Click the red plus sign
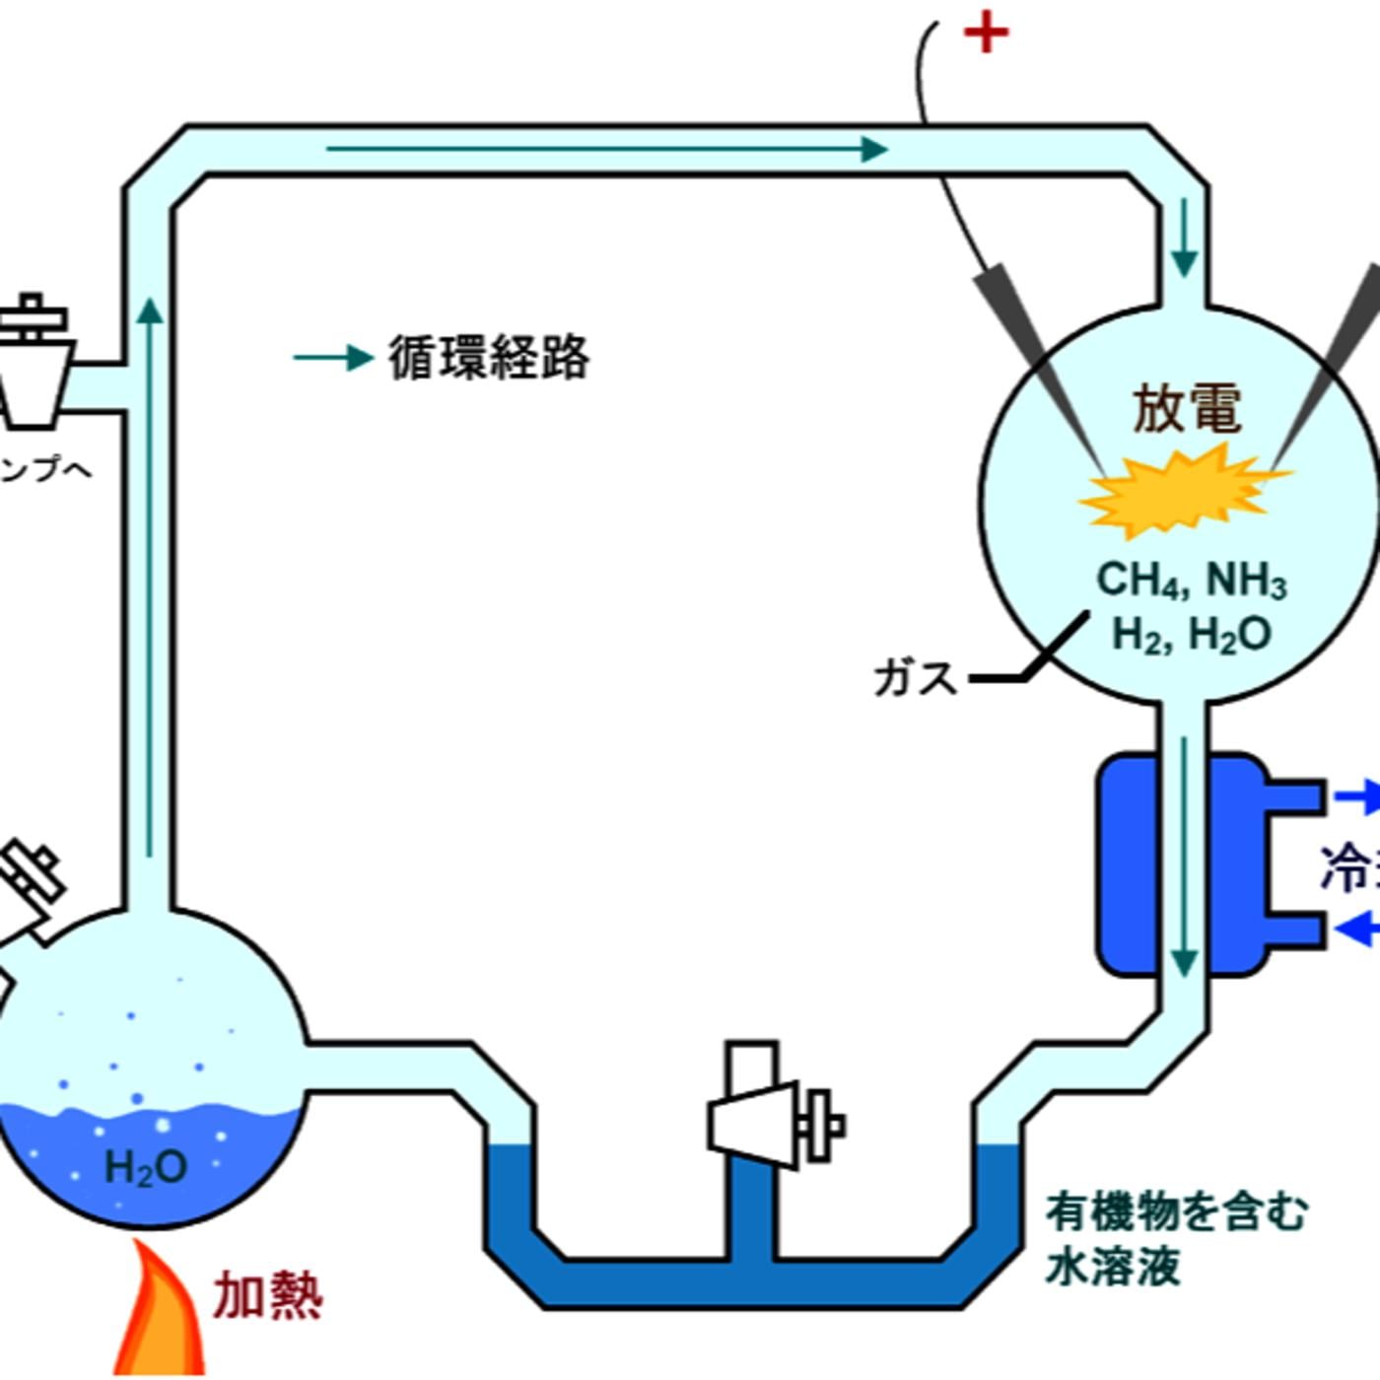click(986, 34)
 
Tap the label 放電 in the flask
click(1186, 407)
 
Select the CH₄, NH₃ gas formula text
click(1191, 580)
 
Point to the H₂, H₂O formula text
click(1191, 634)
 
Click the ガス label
click(915, 678)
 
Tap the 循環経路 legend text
click(489, 357)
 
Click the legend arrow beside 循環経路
click(333, 357)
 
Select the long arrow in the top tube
click(605, 150)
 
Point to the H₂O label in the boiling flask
click(146, 1168)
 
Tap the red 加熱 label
click(268, 1296)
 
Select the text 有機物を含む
click(1177, 1211)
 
